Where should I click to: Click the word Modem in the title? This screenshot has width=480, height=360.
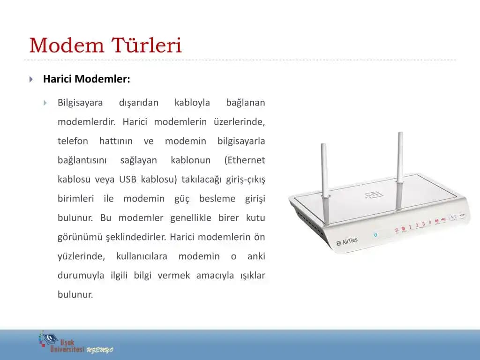pyautogui.click(x=67, y=46)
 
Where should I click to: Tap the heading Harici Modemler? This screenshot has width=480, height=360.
pyautogui.click(x=87, y=79)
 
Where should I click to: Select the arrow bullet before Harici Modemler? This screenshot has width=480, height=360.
pyautogui.click(x=31, y=79)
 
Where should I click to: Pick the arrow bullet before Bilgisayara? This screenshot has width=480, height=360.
pyautogui.click(x=45, y=103)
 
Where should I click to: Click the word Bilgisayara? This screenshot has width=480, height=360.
pyautogui.click(x=80, y=103)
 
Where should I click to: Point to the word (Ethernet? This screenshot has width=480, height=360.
pyautogui.click(x=245, y=160)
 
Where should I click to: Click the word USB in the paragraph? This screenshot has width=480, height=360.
pyautogui.click(x=128, y=180)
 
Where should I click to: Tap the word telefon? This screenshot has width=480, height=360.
pyautogui.click(x=73, y=141)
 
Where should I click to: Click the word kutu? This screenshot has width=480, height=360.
pyautogui.click(x=255, y=218)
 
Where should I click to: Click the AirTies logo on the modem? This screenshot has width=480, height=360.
pyautogui.click(x=347, y=241)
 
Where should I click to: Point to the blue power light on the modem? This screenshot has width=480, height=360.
pyautogui.click(x=375, y=234)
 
